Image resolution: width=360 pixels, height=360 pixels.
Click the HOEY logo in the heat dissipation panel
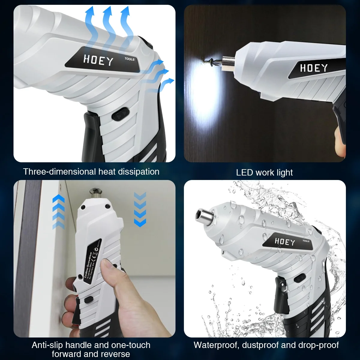tap(98, 60)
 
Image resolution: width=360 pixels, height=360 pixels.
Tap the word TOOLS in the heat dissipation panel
tap(130, 59)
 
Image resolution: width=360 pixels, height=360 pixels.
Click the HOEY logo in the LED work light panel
tap(314, 68)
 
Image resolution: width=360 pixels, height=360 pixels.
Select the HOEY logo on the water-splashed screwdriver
tap(285, 241)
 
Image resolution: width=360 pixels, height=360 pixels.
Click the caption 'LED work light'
tap(264, 172)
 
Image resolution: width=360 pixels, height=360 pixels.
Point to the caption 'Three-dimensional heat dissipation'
tap(91, 172)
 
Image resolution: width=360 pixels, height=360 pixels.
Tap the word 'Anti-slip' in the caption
tap(47, 345)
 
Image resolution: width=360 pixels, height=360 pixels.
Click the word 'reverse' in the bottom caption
tap(115, 354)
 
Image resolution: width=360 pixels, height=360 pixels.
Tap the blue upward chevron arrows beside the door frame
tap(58, 211)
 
